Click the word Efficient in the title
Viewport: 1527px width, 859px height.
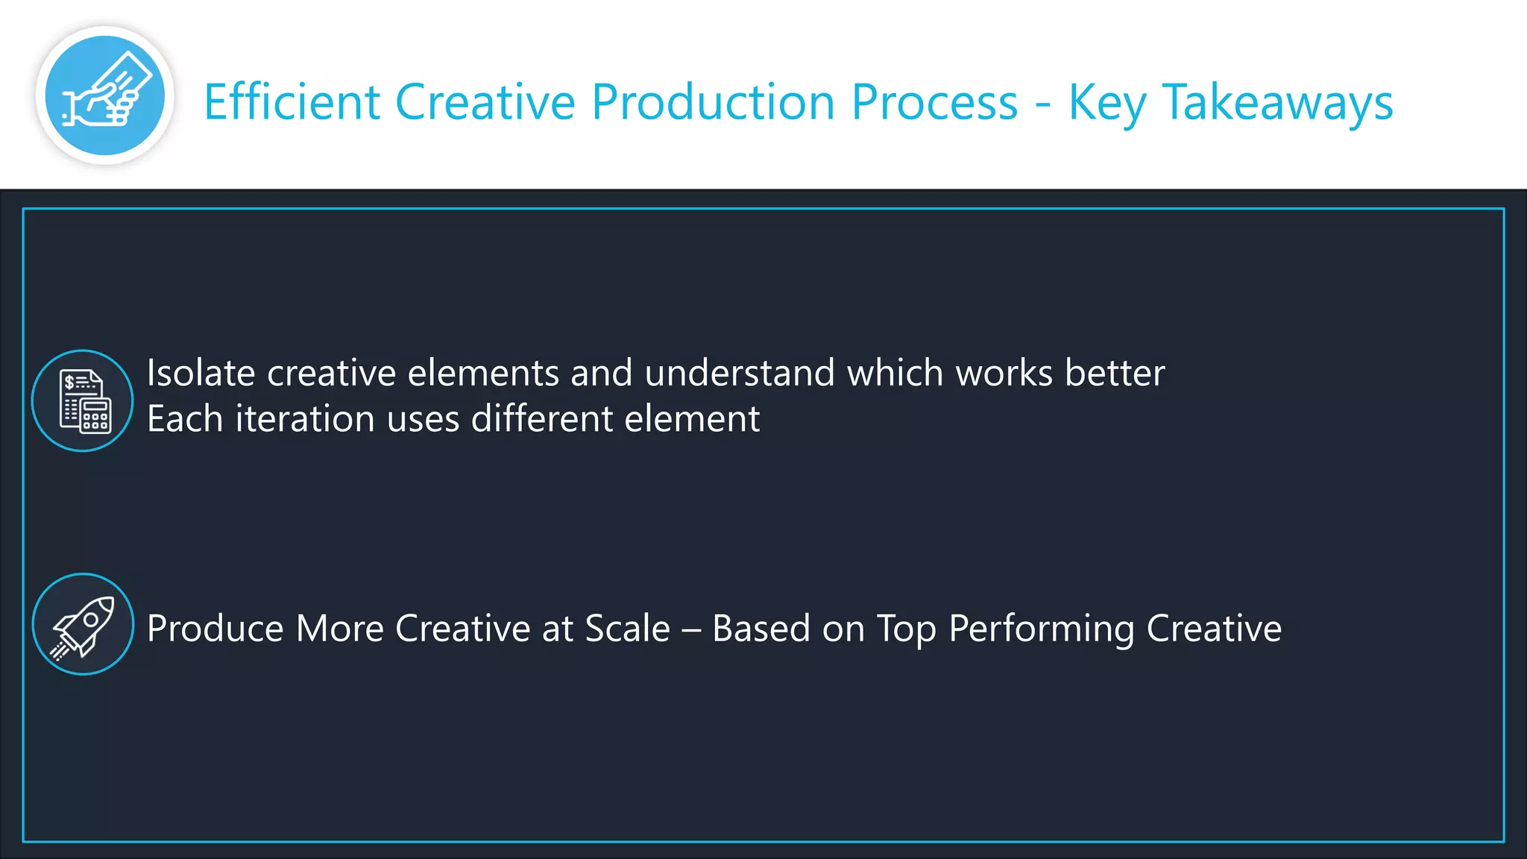[x=292, y=102]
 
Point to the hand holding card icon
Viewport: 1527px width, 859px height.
[x=104, y=95]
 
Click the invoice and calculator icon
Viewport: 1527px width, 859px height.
[x=83, y=400]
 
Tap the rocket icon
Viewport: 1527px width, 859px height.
[x=83, y=624]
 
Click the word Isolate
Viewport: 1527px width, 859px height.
[x=201, y=373]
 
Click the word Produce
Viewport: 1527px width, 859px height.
[x=215, y=629]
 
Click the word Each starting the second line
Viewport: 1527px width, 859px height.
[x=185, y=419]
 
